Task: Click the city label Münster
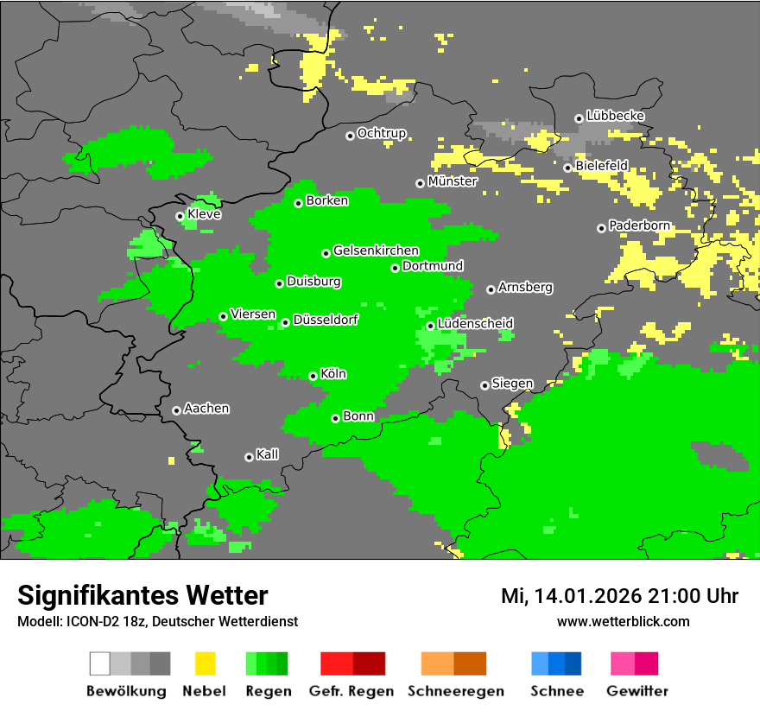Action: [x=453, y=182]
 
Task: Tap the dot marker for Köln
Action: [x=313, y=376]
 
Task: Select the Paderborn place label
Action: [x=640, y=226]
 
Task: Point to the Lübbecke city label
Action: [x=616, y=116]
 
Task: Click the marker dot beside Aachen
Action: [x=176, y=410]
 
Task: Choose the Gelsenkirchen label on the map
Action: [x=377, y=251]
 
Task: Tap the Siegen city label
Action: [x=513, y=384]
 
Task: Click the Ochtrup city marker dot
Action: [x=350, y=135]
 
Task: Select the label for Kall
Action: [x=268, y=454]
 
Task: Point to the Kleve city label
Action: [x=205, y=214]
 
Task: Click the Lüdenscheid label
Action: [x=476, y=324]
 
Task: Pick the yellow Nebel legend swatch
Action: [x=205, y=663]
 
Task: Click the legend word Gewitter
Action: [x=637, y=691]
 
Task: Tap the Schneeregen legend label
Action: [x=454, y=691]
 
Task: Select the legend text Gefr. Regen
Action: [x=351, y=691]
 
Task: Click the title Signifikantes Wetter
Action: [x=142, y=595]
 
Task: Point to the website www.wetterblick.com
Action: [x=624, y=622]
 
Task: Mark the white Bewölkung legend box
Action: [x=100, y=663]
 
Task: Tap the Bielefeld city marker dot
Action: [x=567, y=168]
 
